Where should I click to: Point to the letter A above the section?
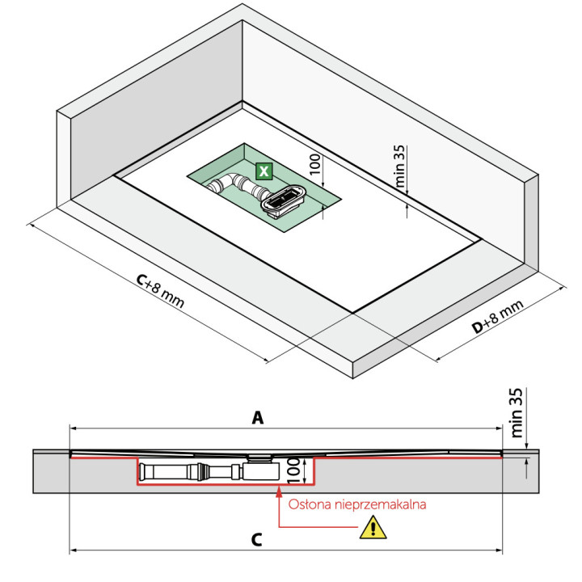coord(258,418)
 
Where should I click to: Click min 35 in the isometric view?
coord(400,167)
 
